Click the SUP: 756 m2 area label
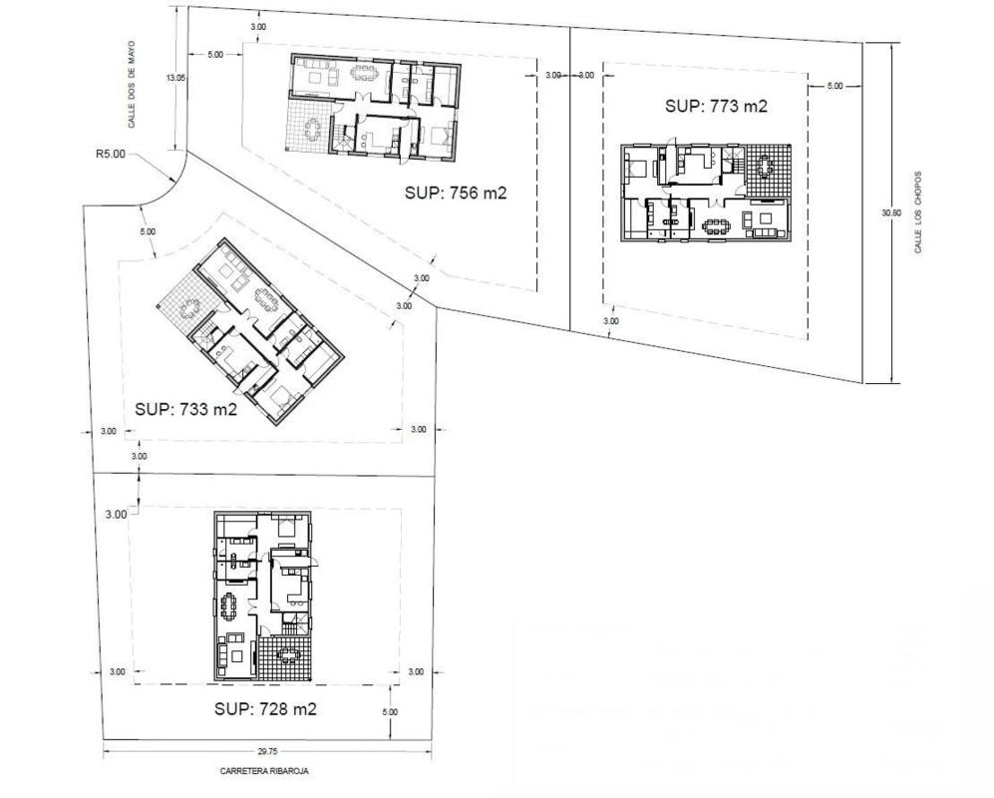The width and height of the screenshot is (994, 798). coord(456,193)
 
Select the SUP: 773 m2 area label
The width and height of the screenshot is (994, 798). coord(717,106)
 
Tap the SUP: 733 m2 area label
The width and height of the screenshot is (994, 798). coord(185,410)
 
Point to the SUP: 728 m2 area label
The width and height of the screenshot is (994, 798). coord(265,708)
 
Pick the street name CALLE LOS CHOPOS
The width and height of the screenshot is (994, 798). coord(918,211)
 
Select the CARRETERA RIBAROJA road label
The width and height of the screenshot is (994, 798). coord(264,771)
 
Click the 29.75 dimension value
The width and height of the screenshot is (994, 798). coord(267,752)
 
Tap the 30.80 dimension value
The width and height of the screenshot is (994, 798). coord(890,213)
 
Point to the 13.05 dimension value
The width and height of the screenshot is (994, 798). coord(175,78)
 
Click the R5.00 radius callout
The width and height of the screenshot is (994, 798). coord(111,154)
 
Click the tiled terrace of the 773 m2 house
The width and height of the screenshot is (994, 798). coord(769,169)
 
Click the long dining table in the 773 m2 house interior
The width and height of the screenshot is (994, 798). coord(717,224)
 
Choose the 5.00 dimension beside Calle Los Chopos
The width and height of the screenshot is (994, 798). coord(834,86)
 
